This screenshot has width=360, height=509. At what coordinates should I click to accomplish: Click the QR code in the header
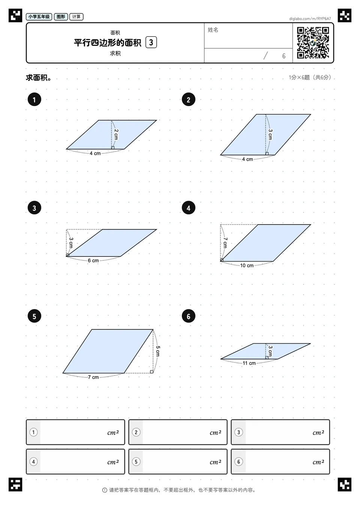tap(313, 43)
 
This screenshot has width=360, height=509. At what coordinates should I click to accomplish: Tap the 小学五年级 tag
tap(39, 16)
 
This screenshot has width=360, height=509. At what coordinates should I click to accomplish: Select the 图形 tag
tap(61, 16)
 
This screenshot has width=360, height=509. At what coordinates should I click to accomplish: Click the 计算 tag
tap(76, 16)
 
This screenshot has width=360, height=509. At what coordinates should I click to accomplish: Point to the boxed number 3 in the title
tap(151, 42)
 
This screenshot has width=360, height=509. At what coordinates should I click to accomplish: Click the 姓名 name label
tap(213, 30)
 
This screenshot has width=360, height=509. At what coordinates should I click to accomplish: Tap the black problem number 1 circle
tap(34, 100)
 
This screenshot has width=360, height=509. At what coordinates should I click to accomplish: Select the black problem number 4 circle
tap(188, 208)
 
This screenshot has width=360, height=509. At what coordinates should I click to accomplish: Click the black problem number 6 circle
tap(188, 316)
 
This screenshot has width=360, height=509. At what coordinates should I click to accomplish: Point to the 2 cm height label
tap(116, 134)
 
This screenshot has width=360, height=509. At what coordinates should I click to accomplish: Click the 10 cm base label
tap(247, 265)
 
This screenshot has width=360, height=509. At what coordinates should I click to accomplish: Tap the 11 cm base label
tap(249, 363)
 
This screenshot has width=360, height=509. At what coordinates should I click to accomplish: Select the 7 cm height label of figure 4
tap(225, 243)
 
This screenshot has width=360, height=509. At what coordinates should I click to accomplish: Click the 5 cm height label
tap(158, 351)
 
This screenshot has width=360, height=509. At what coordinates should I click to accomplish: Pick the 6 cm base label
tap(93, 260)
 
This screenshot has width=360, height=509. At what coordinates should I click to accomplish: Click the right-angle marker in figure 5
tap(151, 371)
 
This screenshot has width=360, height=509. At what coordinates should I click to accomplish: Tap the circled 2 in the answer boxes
tap(136, 432)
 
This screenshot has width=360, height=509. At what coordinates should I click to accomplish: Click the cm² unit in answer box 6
tap(318, 462)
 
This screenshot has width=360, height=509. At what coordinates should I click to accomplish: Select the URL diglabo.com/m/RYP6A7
tap(310, 19)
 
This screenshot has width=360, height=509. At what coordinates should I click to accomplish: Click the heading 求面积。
tap(39, 78)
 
